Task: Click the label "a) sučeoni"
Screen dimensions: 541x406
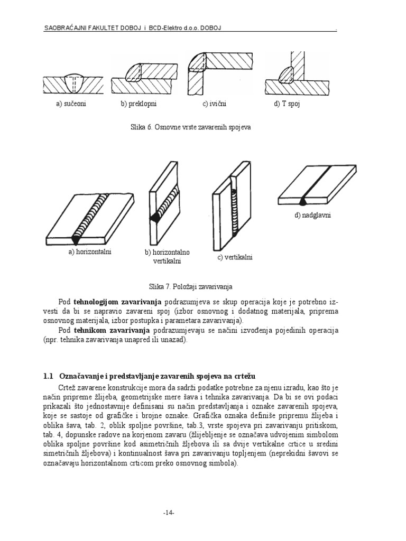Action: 71,104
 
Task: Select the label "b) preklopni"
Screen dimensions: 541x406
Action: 139,104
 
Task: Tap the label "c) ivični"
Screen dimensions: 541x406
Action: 214,104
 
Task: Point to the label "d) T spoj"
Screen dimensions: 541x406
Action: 287,104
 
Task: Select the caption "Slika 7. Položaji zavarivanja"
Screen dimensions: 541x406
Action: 191,286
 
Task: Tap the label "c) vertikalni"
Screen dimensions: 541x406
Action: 235,257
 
